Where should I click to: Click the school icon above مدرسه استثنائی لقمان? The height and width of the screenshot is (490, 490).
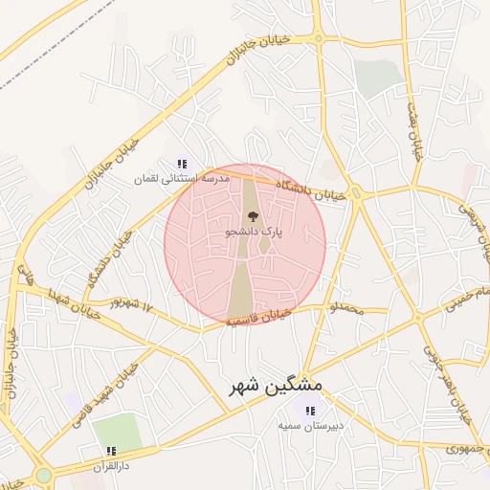click(x=182, y=164)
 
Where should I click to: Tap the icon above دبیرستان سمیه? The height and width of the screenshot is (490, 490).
click(x=308, y=411)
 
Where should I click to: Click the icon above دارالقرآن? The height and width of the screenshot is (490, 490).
click(x=111, y=451)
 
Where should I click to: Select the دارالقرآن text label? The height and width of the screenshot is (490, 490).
click(x=109, y=465)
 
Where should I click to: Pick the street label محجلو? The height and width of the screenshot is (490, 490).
click(x=346, y=309)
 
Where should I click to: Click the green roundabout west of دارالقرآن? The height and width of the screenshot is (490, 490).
click(x=43, y=476)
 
